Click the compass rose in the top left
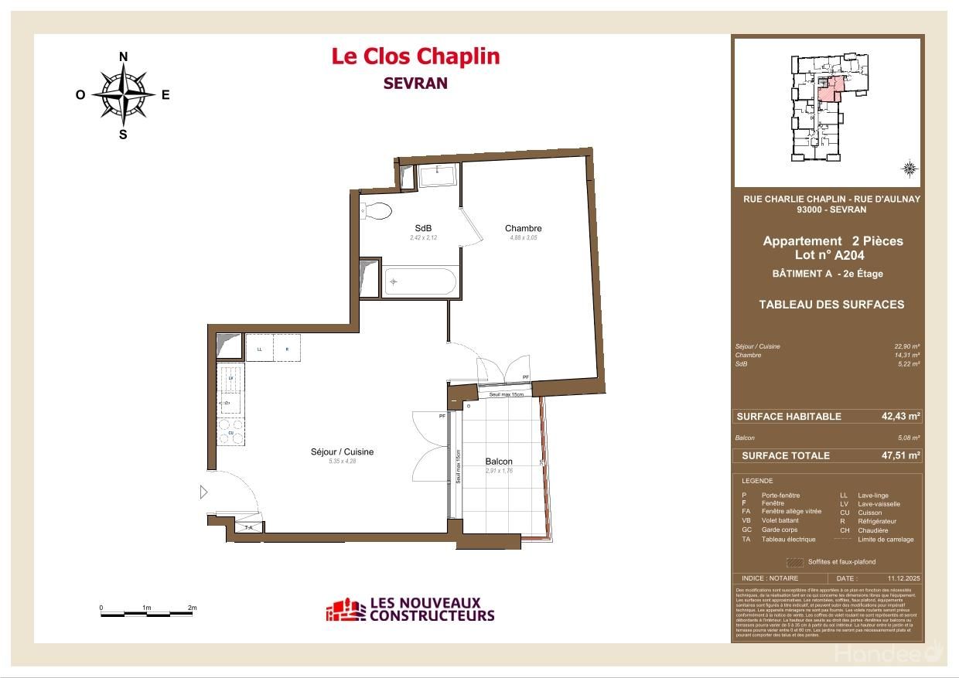[123, 94]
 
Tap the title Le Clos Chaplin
[415, 56]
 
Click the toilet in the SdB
[377, 211]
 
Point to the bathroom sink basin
[439, 175]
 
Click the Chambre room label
[523, 228]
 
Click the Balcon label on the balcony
[499, 462]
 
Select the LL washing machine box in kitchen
[260, 349]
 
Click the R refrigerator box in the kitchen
[287, 349]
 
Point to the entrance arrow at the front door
[203, 492]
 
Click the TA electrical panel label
[249, 527]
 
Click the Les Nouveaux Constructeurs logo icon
[344, 610]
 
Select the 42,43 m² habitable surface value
[901, 416]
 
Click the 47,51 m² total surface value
[901, 455]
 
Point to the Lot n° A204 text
[829, 255]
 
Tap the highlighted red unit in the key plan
[829, 90]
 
